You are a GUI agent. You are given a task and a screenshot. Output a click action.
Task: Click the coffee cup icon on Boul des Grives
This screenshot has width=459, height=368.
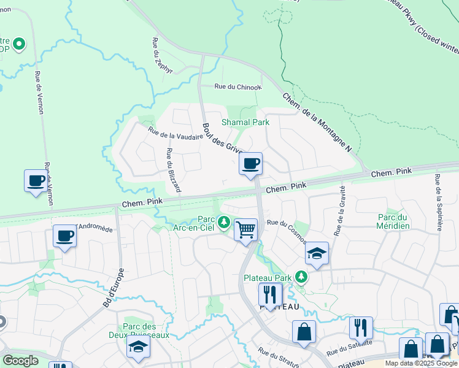tap(250, 164)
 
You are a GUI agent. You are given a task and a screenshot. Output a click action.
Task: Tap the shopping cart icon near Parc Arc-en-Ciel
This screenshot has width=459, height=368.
tap(245, 230)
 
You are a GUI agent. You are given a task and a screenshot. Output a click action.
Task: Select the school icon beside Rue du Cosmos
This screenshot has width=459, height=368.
tap(317, 254)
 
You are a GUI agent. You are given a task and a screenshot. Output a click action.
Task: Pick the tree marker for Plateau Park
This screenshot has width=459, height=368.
tap(301, 277)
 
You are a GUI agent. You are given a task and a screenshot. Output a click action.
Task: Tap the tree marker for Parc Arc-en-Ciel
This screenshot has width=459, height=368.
tap(225, 221)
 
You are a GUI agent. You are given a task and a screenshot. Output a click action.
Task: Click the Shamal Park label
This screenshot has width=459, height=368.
tap(245, 123)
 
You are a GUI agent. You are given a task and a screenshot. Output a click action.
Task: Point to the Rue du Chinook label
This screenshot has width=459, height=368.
tap(237, 87)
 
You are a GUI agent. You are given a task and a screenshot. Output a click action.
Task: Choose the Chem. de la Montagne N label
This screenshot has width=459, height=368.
tap(317, 123)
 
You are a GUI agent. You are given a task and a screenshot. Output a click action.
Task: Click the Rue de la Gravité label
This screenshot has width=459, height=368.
tap(339, 210)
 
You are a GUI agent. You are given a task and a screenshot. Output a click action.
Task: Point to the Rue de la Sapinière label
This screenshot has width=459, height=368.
tap(439, 203)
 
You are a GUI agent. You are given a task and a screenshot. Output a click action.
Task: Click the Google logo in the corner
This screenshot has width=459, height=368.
tap(20, 361)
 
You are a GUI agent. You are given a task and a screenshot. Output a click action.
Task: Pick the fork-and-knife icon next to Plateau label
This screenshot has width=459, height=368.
tap(269, 295)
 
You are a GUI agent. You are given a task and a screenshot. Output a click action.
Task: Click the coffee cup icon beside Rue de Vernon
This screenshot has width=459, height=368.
tap(36, 181)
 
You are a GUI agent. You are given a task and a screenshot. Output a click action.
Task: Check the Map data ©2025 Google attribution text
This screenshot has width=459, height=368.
tap(422, 364)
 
